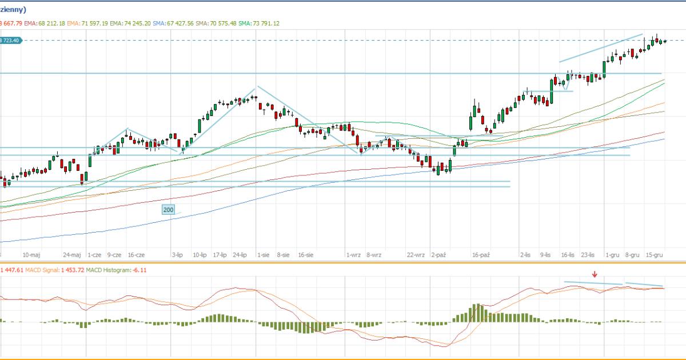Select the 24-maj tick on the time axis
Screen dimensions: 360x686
point(72,255)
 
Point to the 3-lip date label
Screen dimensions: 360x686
point(177,255)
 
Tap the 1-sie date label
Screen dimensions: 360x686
point(263,255)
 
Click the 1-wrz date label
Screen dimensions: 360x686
point(353,255)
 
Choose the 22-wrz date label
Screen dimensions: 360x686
point(416,255)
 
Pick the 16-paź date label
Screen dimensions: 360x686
point(481,255)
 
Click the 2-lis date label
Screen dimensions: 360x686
point(527,255)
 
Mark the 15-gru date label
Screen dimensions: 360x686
point(654,255)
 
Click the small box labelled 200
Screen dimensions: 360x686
point(168,210)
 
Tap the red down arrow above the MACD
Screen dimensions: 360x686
point(595,274)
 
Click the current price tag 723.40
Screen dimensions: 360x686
point(11,40)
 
